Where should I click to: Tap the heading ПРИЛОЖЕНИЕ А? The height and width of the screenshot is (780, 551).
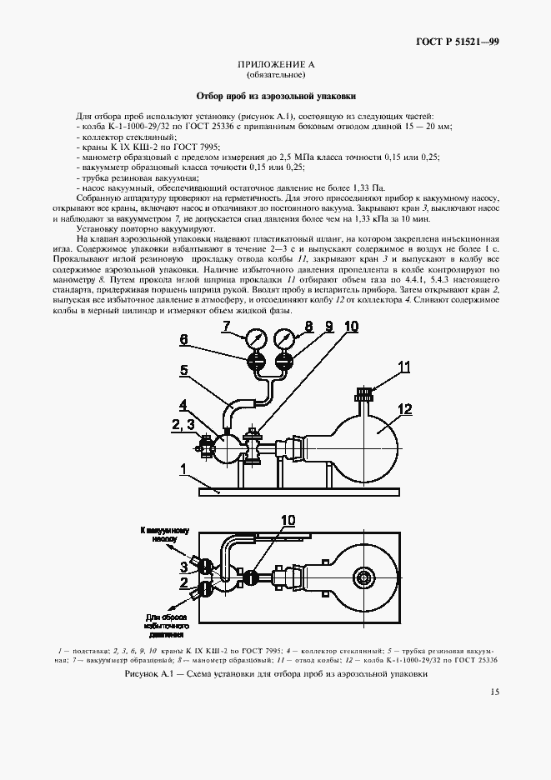pyautogui.click(x=274, y=64)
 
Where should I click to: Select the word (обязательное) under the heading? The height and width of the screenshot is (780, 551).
pyautogui.click(x=274, y=75)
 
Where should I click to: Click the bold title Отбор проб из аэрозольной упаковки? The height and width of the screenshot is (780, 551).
pyautogui.click(x=274, y=96)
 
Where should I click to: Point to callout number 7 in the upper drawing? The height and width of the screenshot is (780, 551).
pyautogui.click(x=226, y=327)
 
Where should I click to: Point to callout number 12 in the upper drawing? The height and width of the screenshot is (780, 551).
pyautogui.click(x=405, y=409)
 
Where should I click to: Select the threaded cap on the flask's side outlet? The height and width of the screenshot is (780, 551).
pyautogui.click(x=363, y=392)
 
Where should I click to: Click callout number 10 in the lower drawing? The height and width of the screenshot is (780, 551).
pyautogui.click(x=288, y=520)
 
